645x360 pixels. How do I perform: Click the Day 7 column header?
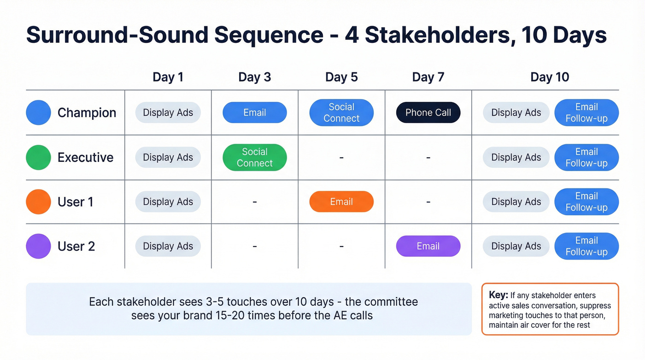tap(428, 77)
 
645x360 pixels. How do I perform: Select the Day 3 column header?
tap(254, 77)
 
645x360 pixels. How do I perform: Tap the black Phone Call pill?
tap(428, 112)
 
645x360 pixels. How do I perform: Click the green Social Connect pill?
tap(254, 157)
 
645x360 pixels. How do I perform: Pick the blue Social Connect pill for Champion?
tap(341, 112)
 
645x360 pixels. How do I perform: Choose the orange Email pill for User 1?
tap(341, 202)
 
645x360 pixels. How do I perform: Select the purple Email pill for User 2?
tap(428, 246)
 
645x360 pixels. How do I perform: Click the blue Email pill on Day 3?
tap(254, 112)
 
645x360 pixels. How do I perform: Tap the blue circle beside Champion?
tap(38, 112)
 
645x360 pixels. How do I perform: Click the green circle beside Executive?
tap(38, 157)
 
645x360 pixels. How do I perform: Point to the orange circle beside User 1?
tap(38, 202)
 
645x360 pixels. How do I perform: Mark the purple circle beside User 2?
tap(38, 246)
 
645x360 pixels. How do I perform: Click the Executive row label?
tap(85, 157)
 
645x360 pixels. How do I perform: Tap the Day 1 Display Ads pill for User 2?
tap(168, 246)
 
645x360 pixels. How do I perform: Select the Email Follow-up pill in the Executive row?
tap(586, 157)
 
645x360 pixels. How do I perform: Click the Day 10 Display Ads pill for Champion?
tap(516, 112)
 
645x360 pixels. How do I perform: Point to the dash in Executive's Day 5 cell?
tap(341, 158)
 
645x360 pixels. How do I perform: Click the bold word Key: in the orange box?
tap(498, 295)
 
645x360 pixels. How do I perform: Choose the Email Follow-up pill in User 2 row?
tap(586, 246)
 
